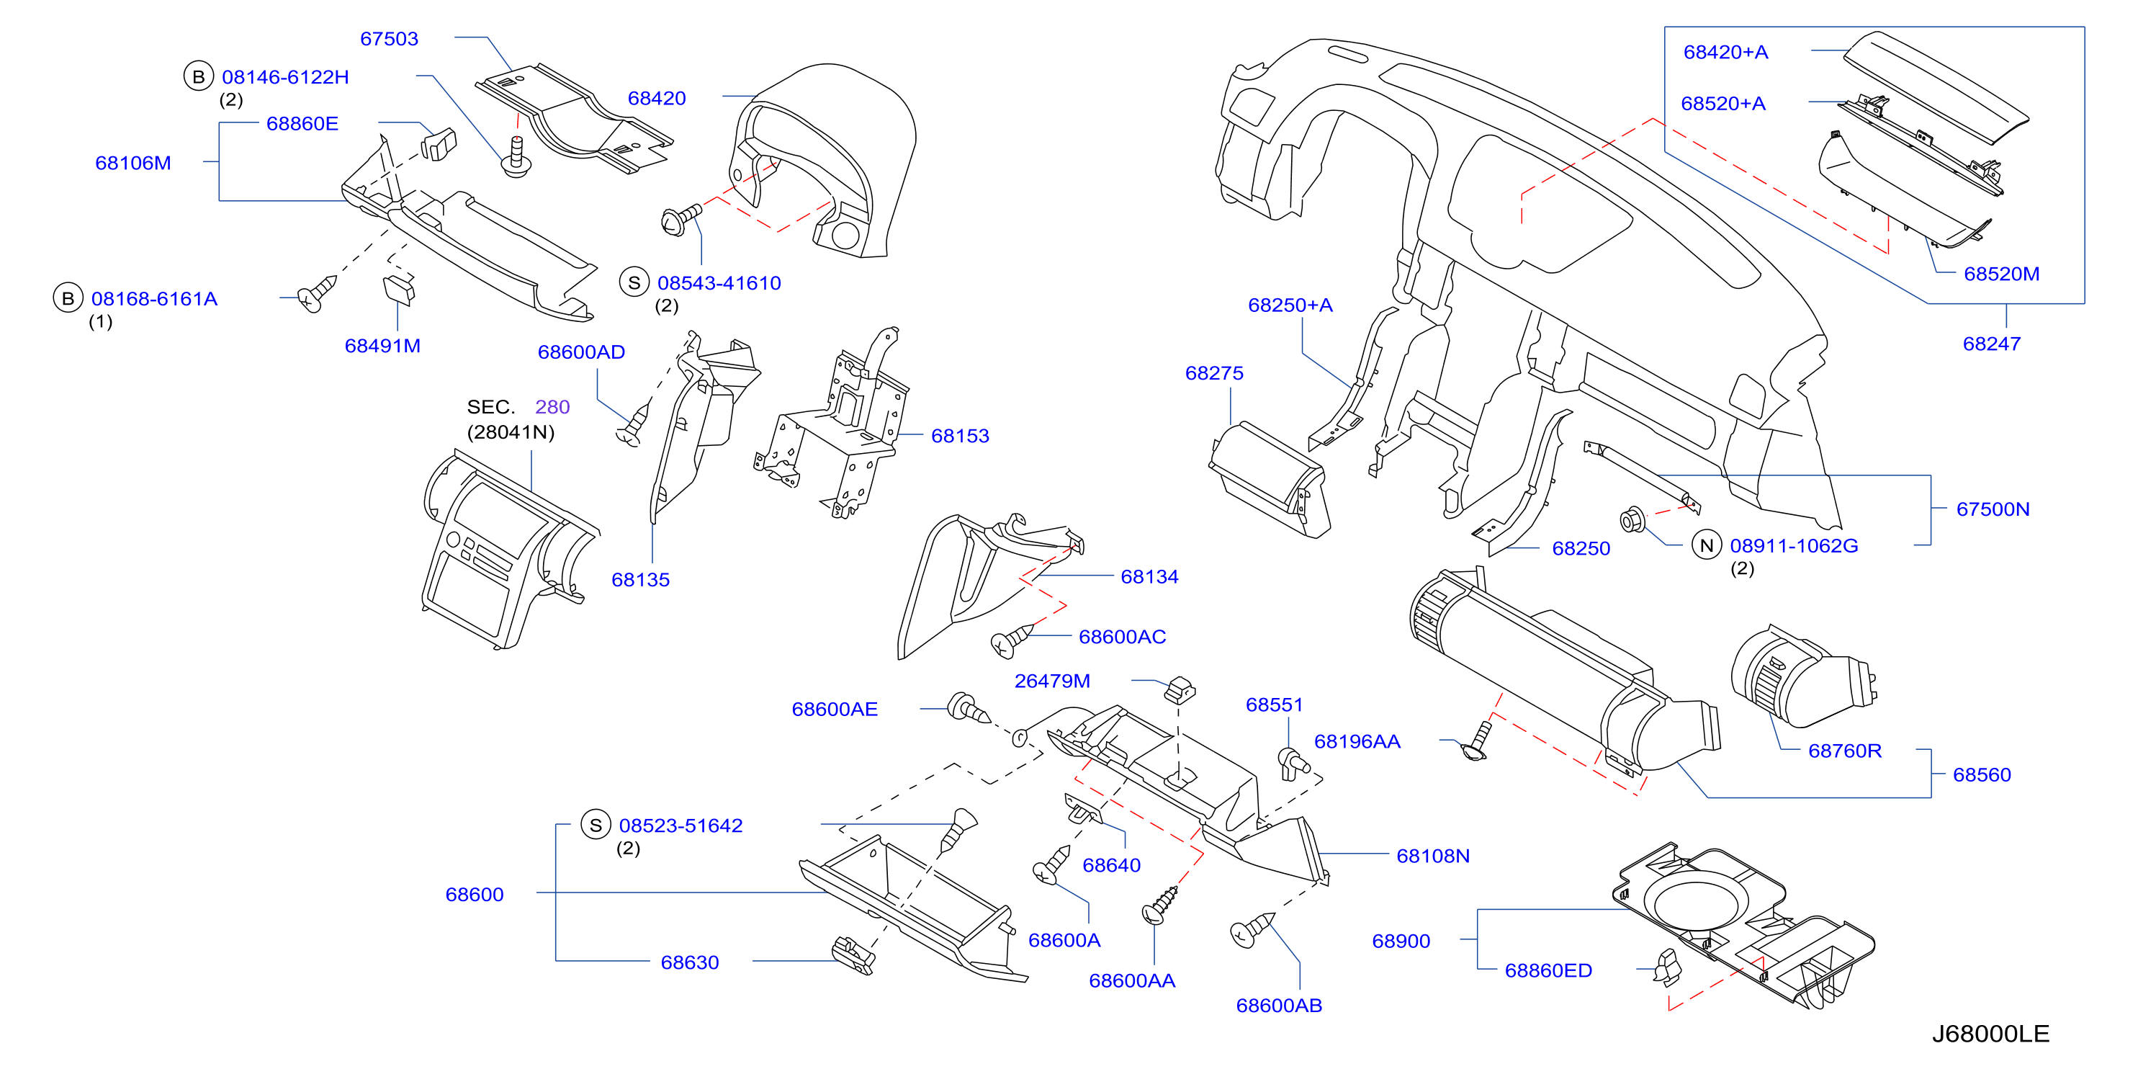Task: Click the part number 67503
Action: coord(390,39)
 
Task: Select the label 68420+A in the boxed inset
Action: coord(1725,53)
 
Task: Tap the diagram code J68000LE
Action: coord(1990,1033)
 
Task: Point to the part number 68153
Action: coord(961,436)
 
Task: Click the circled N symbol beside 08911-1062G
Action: coord(1707,545)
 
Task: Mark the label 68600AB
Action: coord(1279,1005)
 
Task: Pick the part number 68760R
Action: coord(1845,751)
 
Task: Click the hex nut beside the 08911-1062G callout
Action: coord(1632,520)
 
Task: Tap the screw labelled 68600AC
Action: coord(1012,640)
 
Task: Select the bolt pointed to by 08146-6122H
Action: coord(517,158)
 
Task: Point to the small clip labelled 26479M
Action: coord(1180,689)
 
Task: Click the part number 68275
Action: coord(1214,373)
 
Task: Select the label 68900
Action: coord(1401,941)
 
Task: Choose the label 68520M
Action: coord(2001,274)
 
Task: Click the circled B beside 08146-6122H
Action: coord(198,76)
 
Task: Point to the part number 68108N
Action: coord(1433,856)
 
